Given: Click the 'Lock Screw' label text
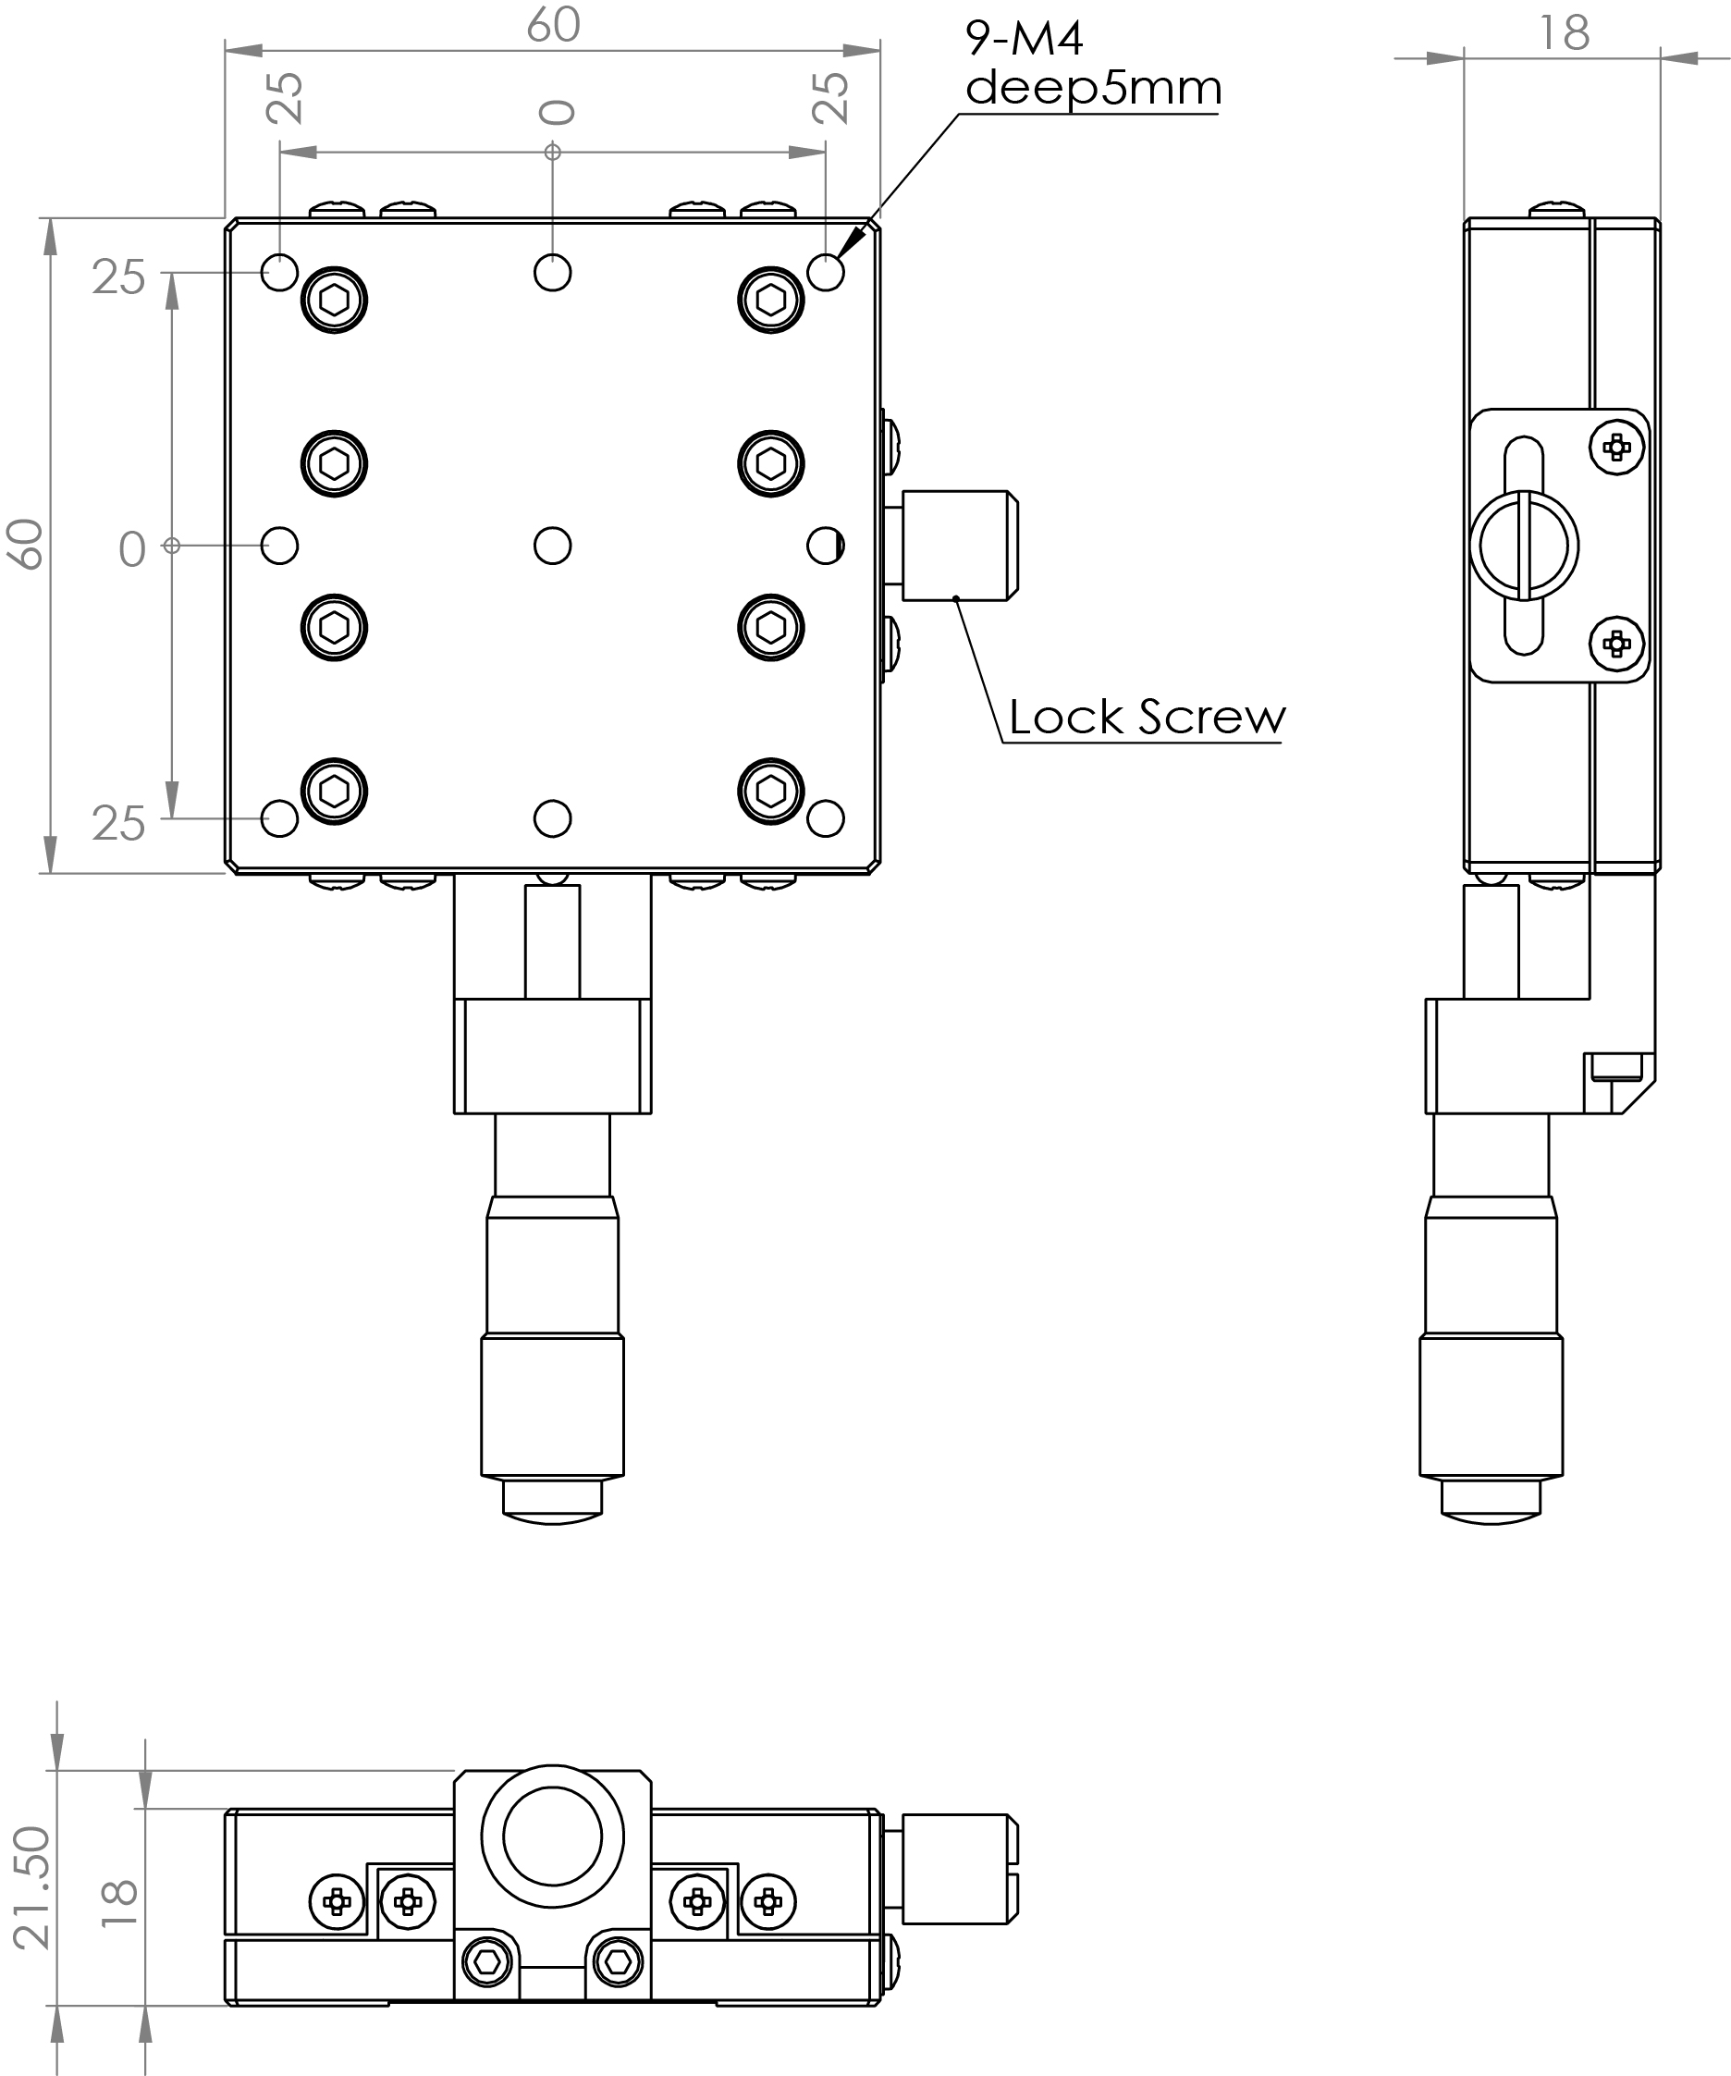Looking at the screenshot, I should [x=1146, y=718].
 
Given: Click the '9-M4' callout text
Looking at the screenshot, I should [x=1025, y=39].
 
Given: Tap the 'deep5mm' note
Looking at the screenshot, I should [x=1093, y=88].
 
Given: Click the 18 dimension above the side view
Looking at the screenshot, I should [x=1564, y=33].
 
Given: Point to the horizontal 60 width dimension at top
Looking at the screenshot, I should [x=553, y=26].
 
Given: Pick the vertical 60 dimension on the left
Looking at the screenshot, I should [x=27, y=545].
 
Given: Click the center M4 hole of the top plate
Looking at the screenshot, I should [x=553, y=546].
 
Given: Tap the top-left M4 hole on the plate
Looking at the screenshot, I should [x=280, y=272].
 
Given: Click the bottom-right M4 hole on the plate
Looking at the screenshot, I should [x=826, y=818].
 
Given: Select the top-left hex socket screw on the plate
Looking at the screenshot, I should [x=334, y=300].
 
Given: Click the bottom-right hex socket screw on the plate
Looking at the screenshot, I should [x=771, y=791].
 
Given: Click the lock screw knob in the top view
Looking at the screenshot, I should [x=960, y=546].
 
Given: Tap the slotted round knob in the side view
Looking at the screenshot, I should [x=1525, y=546].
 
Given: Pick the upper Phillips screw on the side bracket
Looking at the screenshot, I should [x=1616, y=447].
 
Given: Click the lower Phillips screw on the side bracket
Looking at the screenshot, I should [x=1616, y=645].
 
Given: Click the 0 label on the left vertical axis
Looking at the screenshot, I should [x=131, y=549].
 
